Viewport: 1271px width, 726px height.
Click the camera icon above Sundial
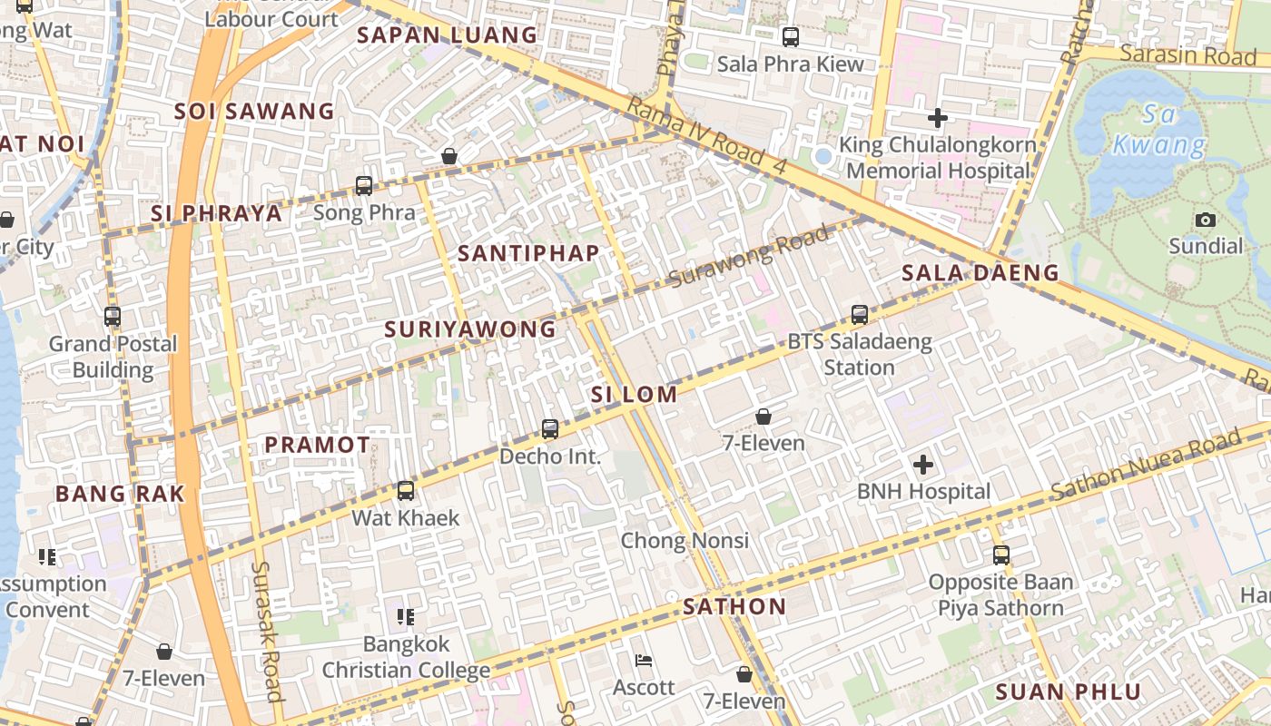coord(1206,220)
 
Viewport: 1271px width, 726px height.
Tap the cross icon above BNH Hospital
coord(923,466)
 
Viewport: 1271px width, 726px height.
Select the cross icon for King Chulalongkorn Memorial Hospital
coord(938,118)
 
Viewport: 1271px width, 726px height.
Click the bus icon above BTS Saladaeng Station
coord(860,315)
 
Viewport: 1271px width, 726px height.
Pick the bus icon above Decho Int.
coord(550,429)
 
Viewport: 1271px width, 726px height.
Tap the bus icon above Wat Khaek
coord(406,491)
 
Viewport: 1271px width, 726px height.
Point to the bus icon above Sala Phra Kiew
coord(791,37)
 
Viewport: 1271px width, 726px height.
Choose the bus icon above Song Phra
coord(364,186)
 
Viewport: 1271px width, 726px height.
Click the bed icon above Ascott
coord(644,661)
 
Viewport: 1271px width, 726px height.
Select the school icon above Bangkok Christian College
coord(406,617)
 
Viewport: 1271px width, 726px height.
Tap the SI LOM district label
coord(634,395)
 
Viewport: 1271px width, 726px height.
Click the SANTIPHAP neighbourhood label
coord(528,253)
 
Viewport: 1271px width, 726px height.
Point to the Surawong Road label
coord(750,257)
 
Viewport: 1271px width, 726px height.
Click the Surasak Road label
coord(268,631)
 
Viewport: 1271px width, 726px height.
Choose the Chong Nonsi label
coord(685,541)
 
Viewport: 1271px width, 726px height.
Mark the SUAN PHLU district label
coord(1068,692)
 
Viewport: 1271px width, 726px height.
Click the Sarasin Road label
coord(1187,54)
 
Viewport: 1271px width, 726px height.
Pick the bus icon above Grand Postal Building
coord(113,317)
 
